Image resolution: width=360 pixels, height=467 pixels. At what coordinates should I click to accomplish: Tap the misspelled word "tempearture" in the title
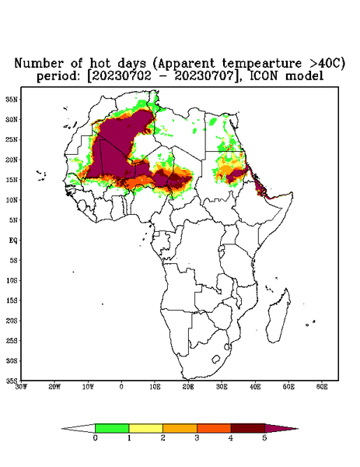pyautogui.click(x=262, y=63)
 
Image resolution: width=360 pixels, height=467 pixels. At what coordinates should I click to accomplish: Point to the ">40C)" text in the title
pyautogui.click(x=327, y=64)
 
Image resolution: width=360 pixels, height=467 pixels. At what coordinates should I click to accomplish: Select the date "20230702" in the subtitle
pyautogui.click(x=121, y=76)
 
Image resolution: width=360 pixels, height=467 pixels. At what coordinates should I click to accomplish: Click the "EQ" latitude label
pyautogui.click(x=13, y=240)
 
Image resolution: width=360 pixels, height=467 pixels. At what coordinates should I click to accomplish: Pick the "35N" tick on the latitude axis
pyautogui.click(x=12, y=100)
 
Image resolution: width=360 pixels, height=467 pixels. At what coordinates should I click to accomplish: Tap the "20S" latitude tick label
pyautogui.click(x=12, y=321)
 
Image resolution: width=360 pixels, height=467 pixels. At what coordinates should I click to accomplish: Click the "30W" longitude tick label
pyautogui.click(x=21, y=387)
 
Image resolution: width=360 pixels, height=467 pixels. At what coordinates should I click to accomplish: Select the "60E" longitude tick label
pyautogui.click(x=322, y=387)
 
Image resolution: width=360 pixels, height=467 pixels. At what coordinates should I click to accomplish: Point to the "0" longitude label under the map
pyautogui.click(x=121, y=387)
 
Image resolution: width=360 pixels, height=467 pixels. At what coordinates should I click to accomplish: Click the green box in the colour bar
pyautogui.click(x=112, y=428)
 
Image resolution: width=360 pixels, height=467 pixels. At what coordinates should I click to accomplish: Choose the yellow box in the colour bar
pyautogui.click(x=145, y=428)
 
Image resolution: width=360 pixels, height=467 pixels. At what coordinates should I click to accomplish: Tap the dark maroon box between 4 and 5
pyautogui.click(x=248, y=428)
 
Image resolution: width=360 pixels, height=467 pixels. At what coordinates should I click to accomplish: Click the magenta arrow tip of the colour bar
pyautogui.click(x=298, y=429)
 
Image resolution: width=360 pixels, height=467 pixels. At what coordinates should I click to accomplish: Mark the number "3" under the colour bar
pyautogui.click(x=197, y=438)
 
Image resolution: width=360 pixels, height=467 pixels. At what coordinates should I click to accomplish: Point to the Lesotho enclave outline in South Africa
pyautogui.click(x=216, y=359)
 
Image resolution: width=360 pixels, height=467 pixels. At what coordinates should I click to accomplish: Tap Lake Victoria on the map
pyautogui.click(x=222, y=248)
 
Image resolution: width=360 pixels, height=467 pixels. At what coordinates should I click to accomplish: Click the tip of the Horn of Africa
pyautogui.click(x=293, y=194)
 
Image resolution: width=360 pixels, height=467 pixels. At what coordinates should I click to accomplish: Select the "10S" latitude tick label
pyautogui.click(x=12, y=280)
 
